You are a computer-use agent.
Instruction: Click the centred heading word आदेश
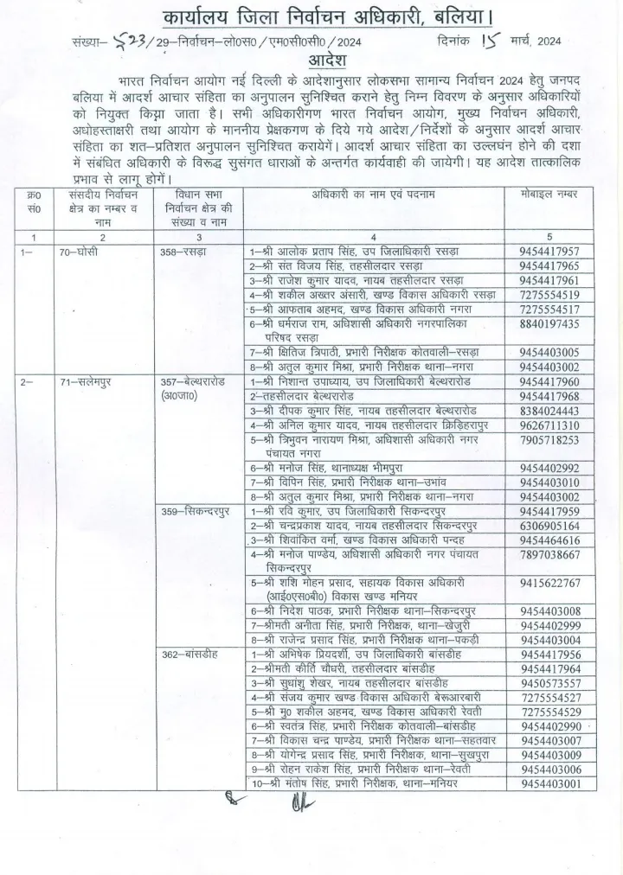tap(311, 62)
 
